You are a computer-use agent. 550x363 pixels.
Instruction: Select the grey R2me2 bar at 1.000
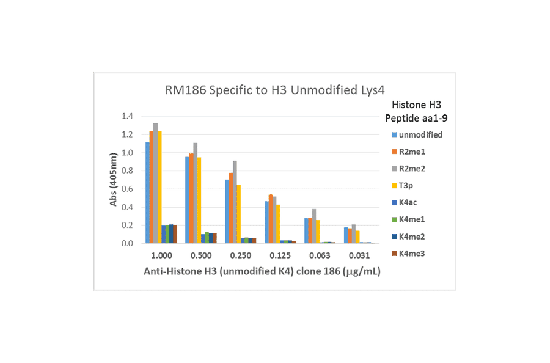click(155, 183)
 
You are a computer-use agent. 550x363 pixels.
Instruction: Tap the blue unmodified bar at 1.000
click(147, 193)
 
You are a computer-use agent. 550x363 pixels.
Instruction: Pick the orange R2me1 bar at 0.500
click(191, 198)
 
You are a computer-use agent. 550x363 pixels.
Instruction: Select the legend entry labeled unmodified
click(417, 134)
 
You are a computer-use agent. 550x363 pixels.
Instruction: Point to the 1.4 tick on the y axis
click(127, 116)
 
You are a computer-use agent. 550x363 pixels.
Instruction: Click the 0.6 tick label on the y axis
click(127, 189)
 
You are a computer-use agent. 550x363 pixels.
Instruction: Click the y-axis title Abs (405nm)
click(114, 177)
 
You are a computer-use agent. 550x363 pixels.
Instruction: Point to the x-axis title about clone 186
click(262, 271)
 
